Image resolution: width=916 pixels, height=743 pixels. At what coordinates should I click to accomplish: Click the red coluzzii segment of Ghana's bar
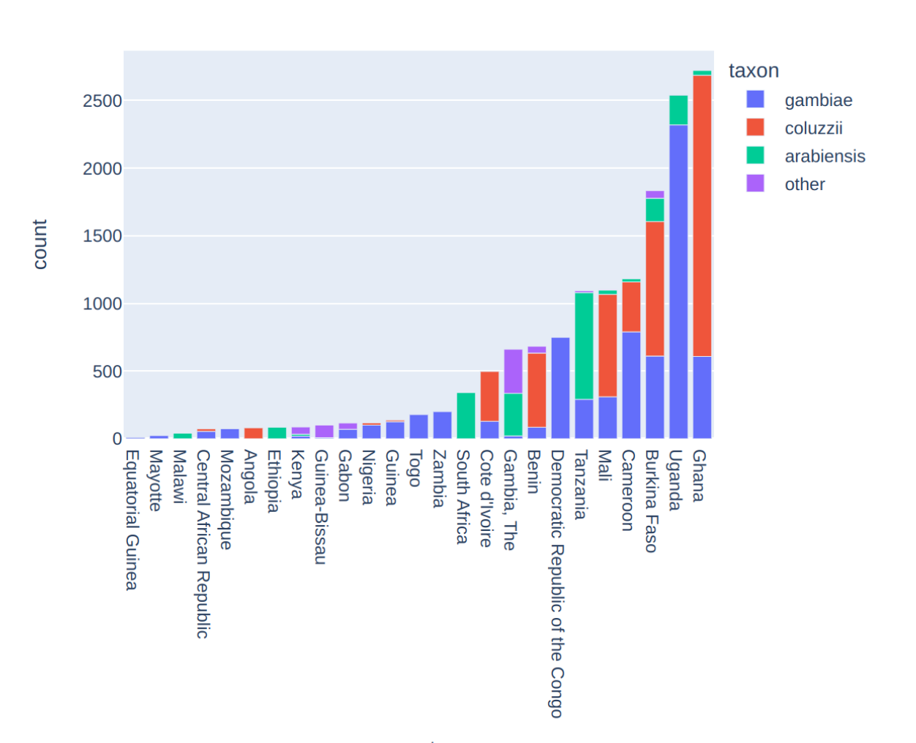point(702,216)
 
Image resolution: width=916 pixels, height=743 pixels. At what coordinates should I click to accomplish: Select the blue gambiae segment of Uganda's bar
point(678,282)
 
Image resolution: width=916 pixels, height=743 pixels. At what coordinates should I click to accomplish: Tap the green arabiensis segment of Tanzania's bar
point(584,346)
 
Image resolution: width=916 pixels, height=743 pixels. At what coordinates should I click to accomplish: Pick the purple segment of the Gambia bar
point(513,371)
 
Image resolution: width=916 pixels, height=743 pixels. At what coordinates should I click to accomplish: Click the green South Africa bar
point(466,415)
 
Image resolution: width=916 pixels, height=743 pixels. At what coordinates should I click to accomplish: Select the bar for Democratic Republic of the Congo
point(560,388)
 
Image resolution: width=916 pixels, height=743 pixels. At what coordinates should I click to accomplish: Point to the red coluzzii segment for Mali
point(607,345)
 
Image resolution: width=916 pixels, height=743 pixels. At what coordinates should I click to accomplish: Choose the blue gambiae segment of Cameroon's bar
point(631,385)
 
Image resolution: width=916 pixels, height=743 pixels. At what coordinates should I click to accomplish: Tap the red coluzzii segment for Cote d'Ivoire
point(489,396)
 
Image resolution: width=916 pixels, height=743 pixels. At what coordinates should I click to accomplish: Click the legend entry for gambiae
point(818,100)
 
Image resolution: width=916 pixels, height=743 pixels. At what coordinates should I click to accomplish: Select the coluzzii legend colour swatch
point(755,127)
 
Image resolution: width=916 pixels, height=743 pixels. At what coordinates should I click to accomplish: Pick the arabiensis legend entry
point(825,156)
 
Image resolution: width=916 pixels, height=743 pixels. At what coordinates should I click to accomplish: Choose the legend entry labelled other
point(805,184)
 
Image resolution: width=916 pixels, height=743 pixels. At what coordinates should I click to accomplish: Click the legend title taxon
point(754,71)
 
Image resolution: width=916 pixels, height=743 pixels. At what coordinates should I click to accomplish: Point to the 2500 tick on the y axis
point(102,101)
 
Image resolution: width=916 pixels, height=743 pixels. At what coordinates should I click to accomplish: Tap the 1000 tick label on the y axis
point(102,303)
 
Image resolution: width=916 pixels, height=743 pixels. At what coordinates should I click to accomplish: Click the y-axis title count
point(40,244)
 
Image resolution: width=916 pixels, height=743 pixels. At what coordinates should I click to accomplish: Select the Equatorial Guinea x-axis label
point(132,520)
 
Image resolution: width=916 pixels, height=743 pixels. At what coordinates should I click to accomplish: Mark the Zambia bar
point(442,425)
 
